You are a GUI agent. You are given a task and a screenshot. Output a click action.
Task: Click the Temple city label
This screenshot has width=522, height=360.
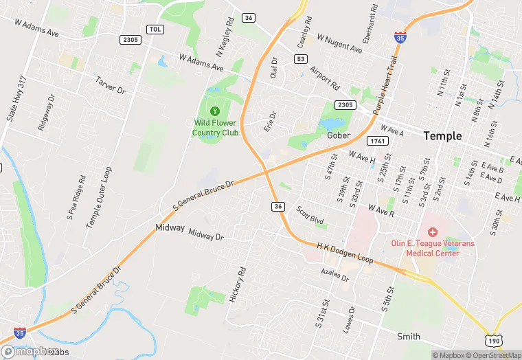[442, 136]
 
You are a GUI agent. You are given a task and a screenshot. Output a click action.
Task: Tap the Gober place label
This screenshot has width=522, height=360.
[339, 135]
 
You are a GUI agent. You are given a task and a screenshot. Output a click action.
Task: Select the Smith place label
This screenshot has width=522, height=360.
[409, 336]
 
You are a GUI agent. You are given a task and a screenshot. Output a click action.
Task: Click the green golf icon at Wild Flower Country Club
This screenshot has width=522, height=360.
[215, 111]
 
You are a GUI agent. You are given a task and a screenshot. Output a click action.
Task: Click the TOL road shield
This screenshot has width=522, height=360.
[155, 29]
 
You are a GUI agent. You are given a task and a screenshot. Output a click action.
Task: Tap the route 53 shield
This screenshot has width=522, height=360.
[300, 59]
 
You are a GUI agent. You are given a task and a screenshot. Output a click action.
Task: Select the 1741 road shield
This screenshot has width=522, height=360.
[377, 141]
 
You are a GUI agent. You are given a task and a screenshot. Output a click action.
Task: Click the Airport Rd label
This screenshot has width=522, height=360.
[324, 78]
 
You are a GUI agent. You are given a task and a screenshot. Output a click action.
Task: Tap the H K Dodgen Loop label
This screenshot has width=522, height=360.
[345, 252]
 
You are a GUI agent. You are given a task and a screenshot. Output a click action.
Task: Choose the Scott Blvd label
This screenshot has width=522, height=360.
[310, 214]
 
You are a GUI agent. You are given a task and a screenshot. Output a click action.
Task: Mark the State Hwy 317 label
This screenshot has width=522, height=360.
[16, 99]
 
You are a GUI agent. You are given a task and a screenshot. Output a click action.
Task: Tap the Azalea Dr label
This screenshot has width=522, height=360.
[335, 275]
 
